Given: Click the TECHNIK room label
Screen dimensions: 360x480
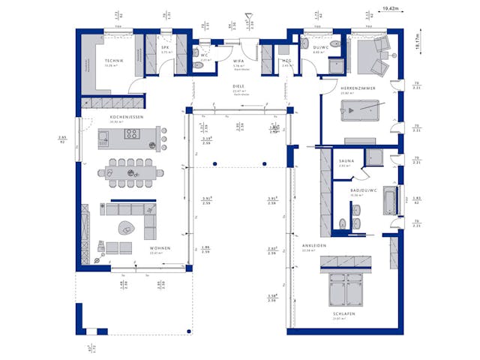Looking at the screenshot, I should (x=114, y=60).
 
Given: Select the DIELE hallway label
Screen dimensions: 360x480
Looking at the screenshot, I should (x=238, y=86).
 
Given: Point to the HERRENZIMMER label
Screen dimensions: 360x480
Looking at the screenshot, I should (x=358, y=88).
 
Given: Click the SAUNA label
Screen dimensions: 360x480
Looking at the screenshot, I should (x=346, y=160).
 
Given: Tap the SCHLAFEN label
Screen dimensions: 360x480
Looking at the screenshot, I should (x=346, y=313).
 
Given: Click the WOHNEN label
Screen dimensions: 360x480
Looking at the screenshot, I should (x=159, y=248).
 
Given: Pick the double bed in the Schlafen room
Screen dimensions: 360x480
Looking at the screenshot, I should (x=346, y=289).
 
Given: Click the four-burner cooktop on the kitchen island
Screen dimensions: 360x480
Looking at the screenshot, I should (x=132, y=135).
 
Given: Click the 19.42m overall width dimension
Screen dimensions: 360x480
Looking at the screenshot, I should (x=389, y=8).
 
